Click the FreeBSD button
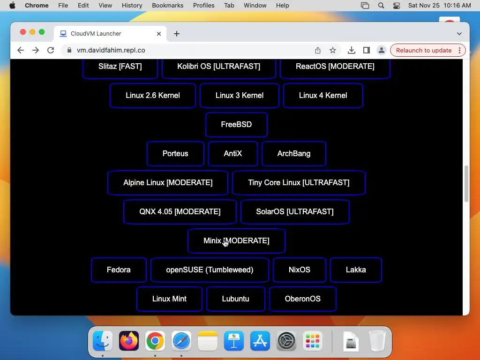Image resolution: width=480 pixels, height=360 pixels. click(x=236, y=125)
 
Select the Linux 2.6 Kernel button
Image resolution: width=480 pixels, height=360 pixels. click(x=153, y=96)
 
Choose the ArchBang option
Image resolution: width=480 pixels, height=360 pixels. click(x=294, y=154)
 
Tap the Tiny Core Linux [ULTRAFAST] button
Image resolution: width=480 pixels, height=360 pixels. click(x=299, y=183)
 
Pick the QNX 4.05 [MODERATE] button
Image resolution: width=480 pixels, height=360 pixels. click(x=180, y=212)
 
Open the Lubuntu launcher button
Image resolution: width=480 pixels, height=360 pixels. click(x=235, y=299)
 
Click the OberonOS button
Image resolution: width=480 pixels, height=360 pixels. click(x=303, y=299)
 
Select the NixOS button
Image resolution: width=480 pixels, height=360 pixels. click(x=300, y=270)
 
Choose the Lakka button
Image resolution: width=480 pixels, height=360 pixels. click(x=356, y=270)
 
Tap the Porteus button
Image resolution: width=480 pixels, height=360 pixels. click(x=175, y=154)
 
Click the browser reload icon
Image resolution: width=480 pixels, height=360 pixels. click(x=51, y=50)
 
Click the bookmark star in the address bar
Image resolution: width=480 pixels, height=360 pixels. click(x=333, y=50)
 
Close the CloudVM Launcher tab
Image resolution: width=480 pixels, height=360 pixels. click(x=159, y=34)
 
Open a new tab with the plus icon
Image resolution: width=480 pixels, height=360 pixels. click(x=177, y=34)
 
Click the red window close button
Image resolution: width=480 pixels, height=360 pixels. click(x=22, y=32)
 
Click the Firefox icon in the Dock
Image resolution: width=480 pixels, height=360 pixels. click(x=129, y=341)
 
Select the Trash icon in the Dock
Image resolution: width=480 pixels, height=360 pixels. click(x=377, y=341)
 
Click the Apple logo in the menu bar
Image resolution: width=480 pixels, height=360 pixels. click(x=12, y=5)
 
